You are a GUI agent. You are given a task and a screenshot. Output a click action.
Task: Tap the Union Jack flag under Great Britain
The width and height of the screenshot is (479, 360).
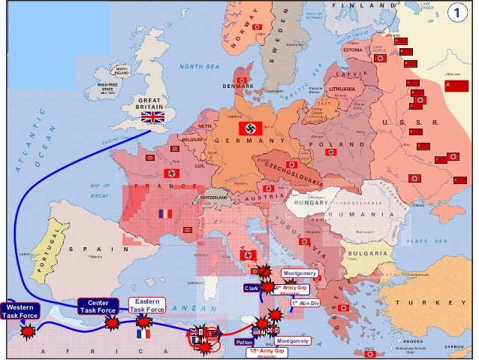(x=152, y=116)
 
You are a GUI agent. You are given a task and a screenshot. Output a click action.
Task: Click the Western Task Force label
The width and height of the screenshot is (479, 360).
(x=17, y=312)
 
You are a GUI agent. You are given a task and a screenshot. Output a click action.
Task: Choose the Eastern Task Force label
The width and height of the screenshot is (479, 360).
(x=146, y=304)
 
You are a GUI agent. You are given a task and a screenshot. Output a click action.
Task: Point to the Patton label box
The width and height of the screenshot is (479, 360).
(x=244, y=342)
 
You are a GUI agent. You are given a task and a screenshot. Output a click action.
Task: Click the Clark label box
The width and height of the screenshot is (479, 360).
(x=251, y=288)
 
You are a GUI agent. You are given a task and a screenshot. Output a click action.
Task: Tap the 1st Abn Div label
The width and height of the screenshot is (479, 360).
(x=306, y=303)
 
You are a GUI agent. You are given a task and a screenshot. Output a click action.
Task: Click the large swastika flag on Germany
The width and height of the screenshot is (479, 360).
(x=250, y=128)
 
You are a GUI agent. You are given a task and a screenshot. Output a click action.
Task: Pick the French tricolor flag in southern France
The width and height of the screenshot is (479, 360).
(x=165, y=214)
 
